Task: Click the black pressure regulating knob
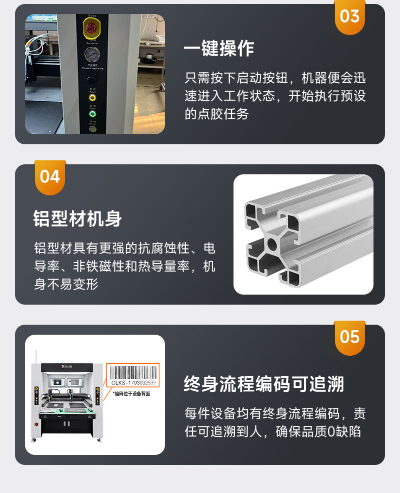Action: coord(91,79)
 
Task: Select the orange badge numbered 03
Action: coord(349,17)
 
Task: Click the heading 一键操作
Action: coord(219,49)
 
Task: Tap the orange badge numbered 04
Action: coord(49,177)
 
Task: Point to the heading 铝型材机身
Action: coord(77,219)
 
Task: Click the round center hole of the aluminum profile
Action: coord(271,243)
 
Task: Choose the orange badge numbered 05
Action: coord(349,337)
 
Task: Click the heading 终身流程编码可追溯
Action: coord(264,384)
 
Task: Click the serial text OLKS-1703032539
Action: coord(133,383)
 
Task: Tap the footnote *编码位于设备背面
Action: coord(131,394)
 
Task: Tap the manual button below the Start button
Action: coord(92,128)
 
